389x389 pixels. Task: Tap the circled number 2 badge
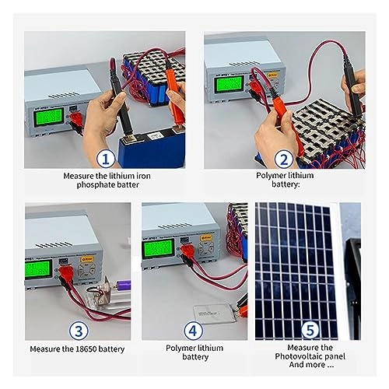pyautogui.click(x=285, y=160)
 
